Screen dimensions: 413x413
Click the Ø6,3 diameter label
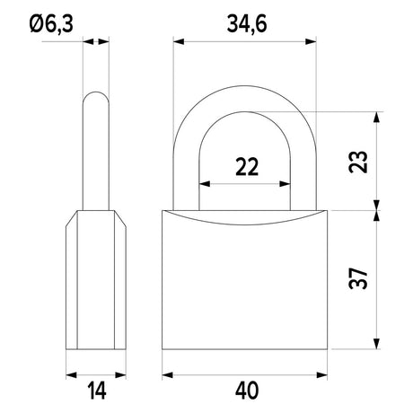point(51,24)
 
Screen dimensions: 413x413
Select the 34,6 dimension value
point(247,24)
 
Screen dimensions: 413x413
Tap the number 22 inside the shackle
point(247,167)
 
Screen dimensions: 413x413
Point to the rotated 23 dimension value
point(358,162)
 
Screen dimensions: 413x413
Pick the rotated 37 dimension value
point(358,278)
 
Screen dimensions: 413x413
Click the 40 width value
point(247,391)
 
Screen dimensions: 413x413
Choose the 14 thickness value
point(97,391)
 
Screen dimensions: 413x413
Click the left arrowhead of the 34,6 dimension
point(179,41)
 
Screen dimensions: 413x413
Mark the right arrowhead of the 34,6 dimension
point(311,41)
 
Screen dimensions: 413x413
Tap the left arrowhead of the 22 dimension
point(205,184)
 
